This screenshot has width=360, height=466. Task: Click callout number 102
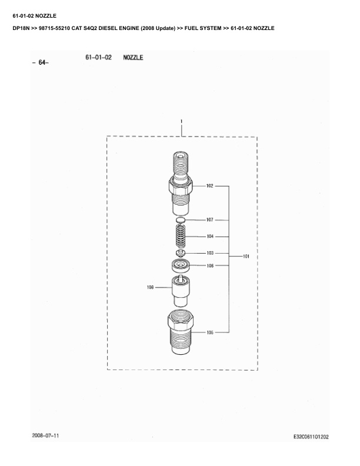click(x=209, y=186)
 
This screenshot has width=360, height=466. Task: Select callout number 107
click(x=209, y=219)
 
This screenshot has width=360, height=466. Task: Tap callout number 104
click(x=210, y=237)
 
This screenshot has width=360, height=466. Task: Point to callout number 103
click(x=210, y=253)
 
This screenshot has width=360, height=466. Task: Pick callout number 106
click(x=210, y=265)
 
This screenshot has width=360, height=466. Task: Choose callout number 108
click(x=151, y=287)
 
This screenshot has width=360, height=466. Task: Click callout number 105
click(x=210, y=332)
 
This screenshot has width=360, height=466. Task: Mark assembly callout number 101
click(x=246, y=256)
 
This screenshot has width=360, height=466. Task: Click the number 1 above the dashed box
click(x=181, y=121)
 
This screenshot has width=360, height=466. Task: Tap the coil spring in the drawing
click(x=181, y=236)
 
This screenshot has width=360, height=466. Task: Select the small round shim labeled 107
click(x=181, y=219)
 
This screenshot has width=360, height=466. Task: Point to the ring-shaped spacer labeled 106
click(x=181, y=265)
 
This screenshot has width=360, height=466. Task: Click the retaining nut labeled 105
click(x=181, y=332)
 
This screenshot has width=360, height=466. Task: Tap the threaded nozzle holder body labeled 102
click(x=181, y=184)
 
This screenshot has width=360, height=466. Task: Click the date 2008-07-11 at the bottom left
click(x=45, y=435)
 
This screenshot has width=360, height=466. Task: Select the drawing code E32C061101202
click(x=311, y=437)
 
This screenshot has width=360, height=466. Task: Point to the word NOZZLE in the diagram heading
click(x=133, y=57)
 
